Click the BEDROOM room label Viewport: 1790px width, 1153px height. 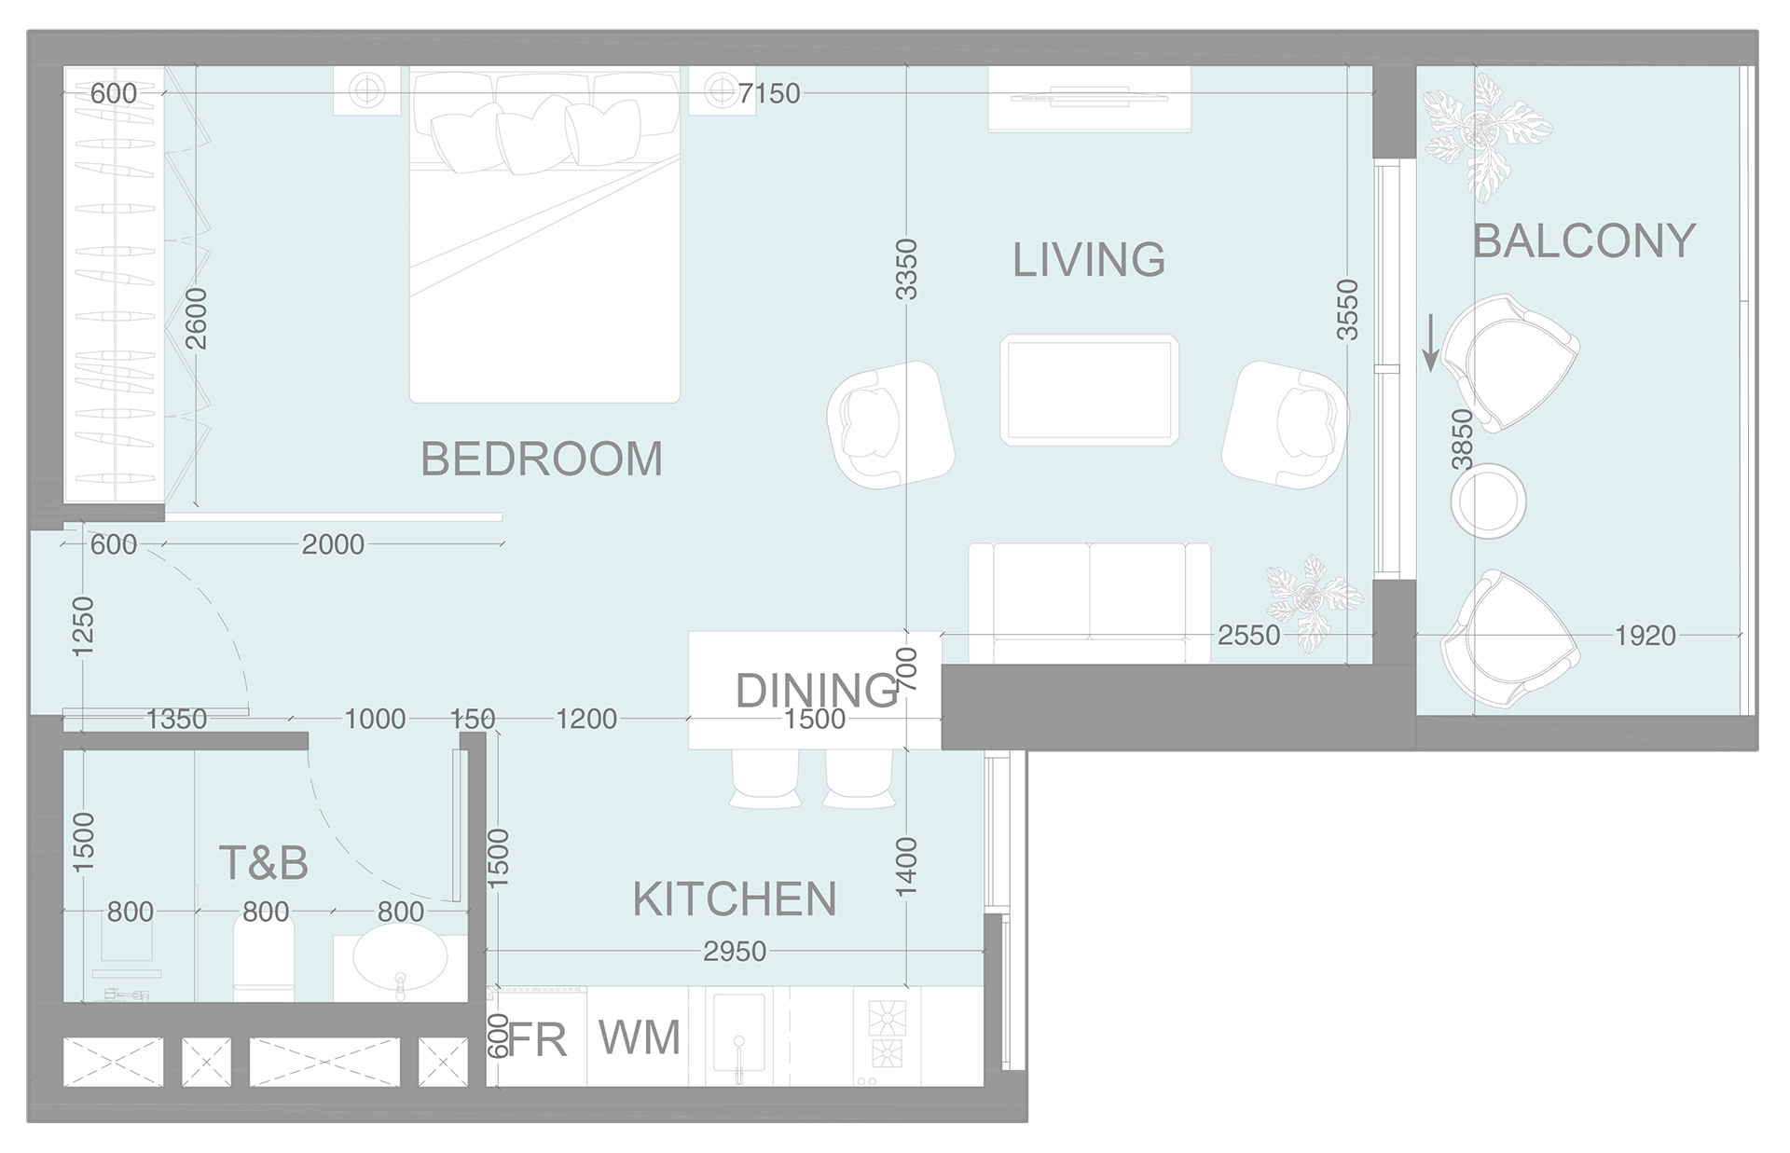(542, 459)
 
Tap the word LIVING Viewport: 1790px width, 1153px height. (1089, 260)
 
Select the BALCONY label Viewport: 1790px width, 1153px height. (1583, 241)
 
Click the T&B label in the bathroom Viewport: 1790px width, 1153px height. (263, 863)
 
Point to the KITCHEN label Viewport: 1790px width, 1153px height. (735, 899)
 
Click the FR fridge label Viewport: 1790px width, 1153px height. (539, 1039)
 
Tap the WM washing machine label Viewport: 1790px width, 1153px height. (640, 1037)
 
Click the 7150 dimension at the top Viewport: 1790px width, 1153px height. (769, 93)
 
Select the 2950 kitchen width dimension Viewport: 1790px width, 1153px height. (735, 952)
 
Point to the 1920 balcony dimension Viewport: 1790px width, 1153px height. (1645, 636)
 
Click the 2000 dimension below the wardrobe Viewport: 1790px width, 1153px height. (333, 544)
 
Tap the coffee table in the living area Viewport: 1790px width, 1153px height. (1089, 390)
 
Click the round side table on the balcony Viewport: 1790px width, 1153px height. (1488, 501)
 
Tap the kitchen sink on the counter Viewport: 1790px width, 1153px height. (738, 1033)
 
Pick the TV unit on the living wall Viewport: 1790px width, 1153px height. (1089, 98)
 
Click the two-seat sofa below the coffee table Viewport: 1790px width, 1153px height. (1089, 601)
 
